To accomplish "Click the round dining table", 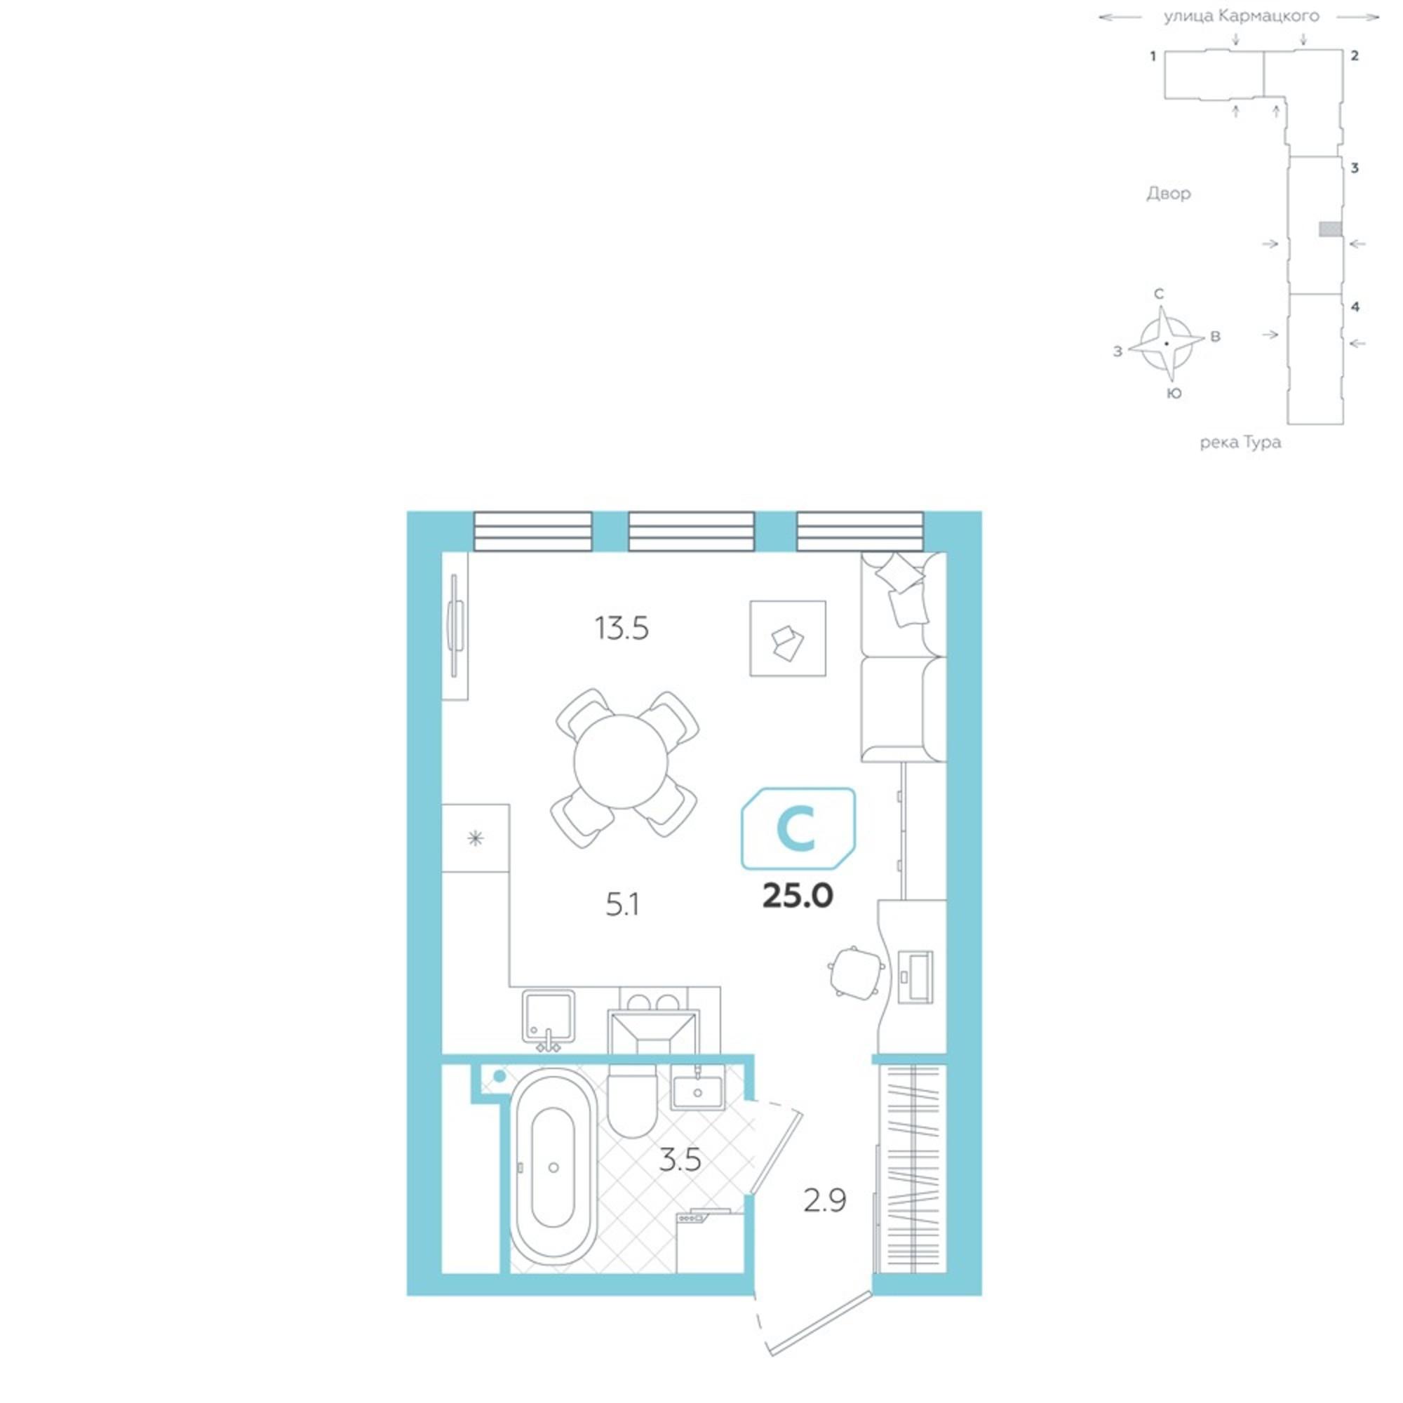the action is pos(620,762).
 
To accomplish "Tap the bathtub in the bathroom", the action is pos(553,1168).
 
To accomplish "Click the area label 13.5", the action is pos(622,628).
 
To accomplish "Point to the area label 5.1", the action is pos(622,905).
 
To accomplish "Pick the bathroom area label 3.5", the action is pos(680,1160).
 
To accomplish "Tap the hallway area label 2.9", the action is pos(825,1201).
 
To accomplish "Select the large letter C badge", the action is pos(798,828).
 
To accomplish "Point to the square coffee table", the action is pos(788,638).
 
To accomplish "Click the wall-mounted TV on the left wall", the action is pos(455,625).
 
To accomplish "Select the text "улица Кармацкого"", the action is pos(1242,16).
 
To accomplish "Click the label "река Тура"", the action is pos(1240,442).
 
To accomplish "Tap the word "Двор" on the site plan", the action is pos(1169,193).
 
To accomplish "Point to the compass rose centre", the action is pos(1167,344).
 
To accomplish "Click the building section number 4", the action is pos(1355,307).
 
